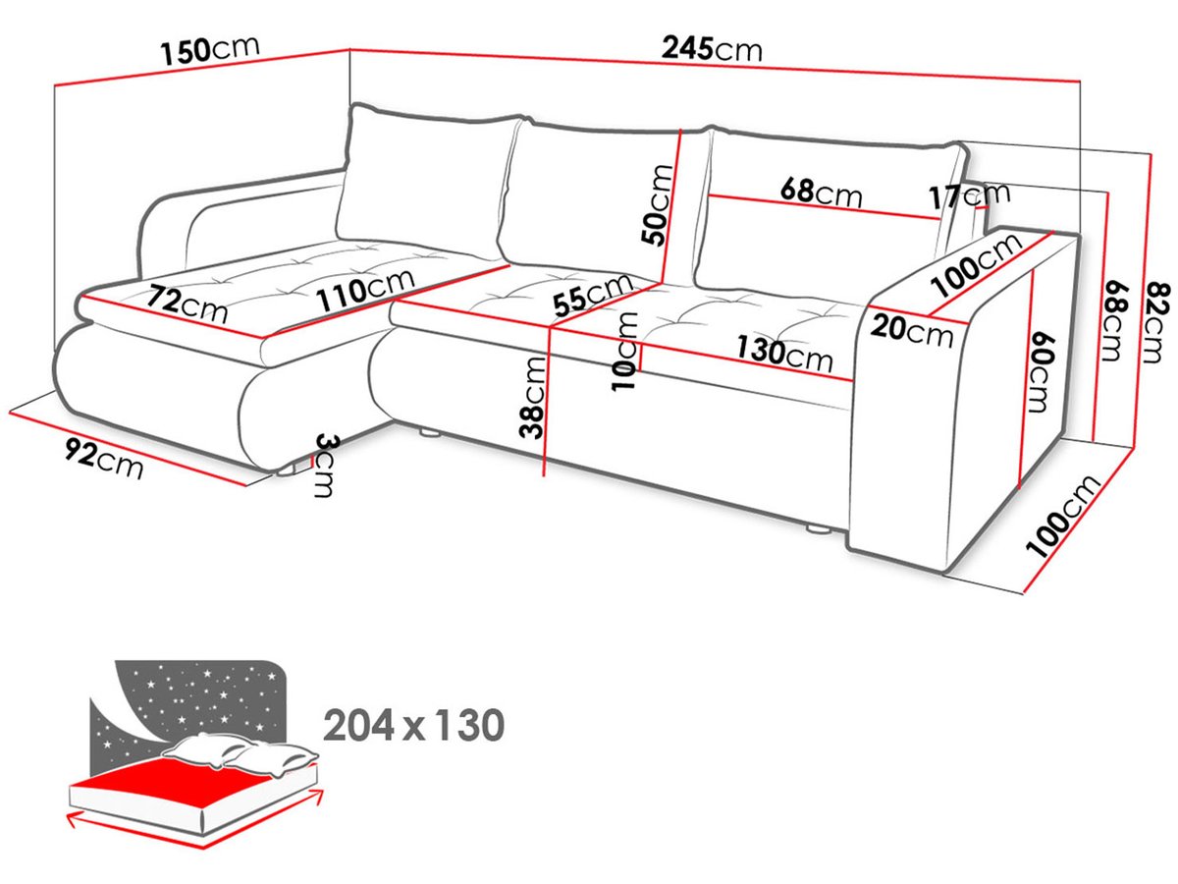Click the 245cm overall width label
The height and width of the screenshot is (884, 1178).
(711, 49)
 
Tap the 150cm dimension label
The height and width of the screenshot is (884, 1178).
(210, 50)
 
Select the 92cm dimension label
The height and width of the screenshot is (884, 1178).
(104, 458)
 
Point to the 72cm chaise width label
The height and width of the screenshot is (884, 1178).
(187, 304)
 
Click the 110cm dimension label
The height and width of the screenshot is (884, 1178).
(365, 290)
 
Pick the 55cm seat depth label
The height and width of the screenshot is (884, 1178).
(593, 295)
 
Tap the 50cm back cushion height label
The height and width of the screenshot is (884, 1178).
(656, 204)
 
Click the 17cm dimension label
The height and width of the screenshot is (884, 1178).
(969, 195)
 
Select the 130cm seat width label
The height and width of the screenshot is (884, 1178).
(784, 354)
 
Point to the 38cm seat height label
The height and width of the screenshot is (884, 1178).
(533, 397)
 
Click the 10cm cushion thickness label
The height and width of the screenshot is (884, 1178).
(624, 351)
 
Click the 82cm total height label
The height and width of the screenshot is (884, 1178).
(1152, 322)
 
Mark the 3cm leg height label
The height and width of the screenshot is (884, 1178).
(324, 466)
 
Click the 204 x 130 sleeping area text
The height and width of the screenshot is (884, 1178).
(413, 725)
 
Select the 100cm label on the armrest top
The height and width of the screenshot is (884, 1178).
(976, 264)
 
